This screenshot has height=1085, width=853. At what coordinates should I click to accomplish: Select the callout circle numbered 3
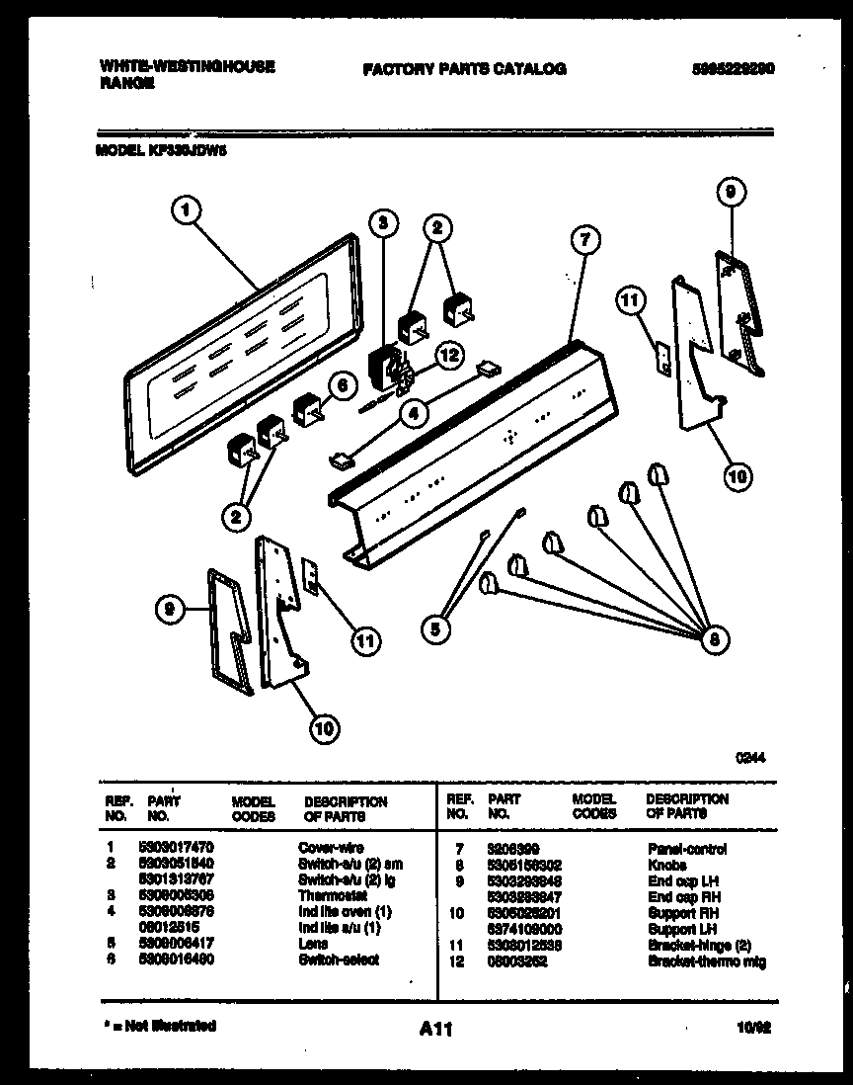[x=384, y=223]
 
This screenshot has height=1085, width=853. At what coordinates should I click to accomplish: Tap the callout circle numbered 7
[x=585, y=240]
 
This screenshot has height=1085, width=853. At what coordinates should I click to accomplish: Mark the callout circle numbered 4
[x=415, y=415]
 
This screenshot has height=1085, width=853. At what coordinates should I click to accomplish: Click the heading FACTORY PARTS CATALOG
[x=464, y=69]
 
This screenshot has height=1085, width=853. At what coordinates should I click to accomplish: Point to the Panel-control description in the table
[x=687, y=849]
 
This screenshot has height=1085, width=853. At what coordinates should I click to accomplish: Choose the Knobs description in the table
[x=667, y=865]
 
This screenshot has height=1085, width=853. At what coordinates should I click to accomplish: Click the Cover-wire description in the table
[x=331, y=848]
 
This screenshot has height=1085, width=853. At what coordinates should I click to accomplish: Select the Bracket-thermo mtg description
[x=706, y=961]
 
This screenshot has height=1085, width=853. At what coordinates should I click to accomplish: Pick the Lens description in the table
[x=313, y=944]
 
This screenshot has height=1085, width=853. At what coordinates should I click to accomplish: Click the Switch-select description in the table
[x=338, y=960]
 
